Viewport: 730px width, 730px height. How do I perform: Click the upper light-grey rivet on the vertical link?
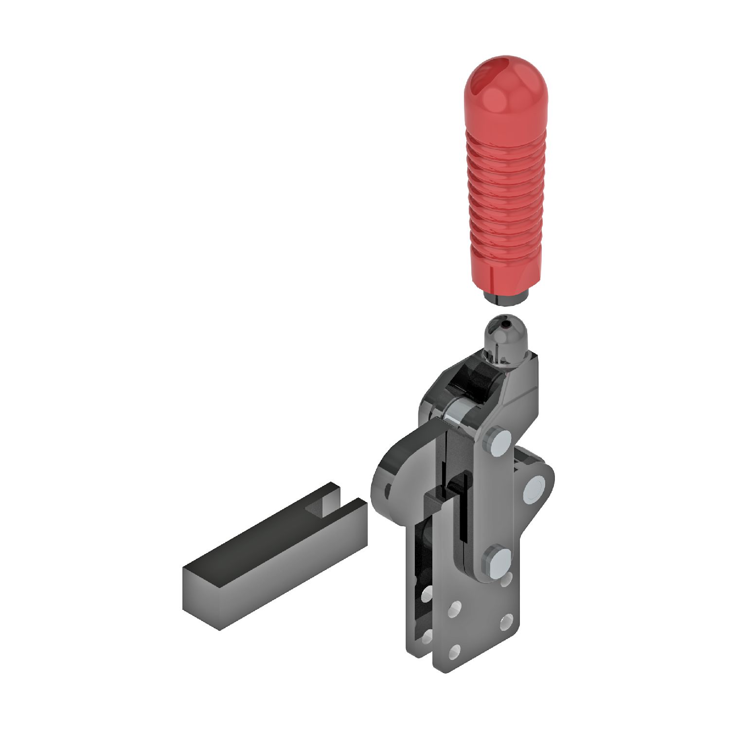(497, 442)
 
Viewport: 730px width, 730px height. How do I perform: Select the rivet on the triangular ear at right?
(534, 488)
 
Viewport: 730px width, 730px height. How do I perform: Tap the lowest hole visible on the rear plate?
(427, 636)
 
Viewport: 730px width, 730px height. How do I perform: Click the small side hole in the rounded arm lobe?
(388, 490)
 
